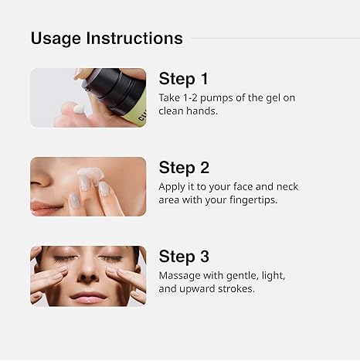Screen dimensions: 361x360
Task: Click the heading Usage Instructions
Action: tap(107, 38)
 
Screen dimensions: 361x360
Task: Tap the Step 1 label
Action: tap(184, 79)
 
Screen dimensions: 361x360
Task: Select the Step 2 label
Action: tap(184, 168)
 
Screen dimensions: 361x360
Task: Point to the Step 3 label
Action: tap(184, 257)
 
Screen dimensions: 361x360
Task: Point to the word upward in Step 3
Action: tap(202, 288)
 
